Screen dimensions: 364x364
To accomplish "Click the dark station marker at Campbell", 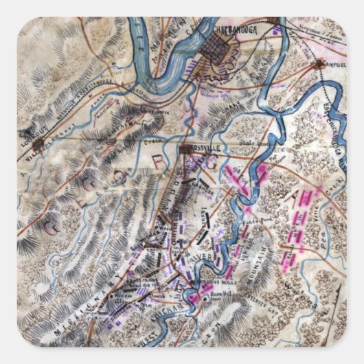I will click(319, 65).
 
